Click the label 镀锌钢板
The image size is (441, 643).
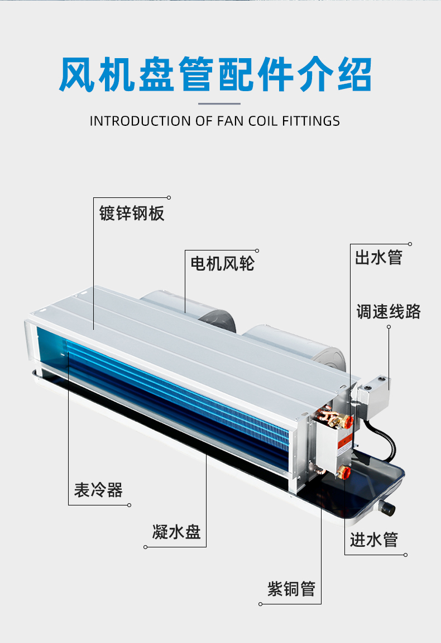coord(132,213)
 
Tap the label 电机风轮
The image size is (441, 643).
coord(222,263)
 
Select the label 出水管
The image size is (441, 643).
coord(378,258)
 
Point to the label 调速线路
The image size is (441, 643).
coord(389,311)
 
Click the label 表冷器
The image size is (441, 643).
coord(98,490)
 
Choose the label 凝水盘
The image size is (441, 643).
coord(176,531)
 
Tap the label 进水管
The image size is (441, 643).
coord(374,540)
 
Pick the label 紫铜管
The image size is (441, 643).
coord(291,589)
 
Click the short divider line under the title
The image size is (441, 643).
coord(220,103)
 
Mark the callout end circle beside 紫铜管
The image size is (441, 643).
coord(261,604)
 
